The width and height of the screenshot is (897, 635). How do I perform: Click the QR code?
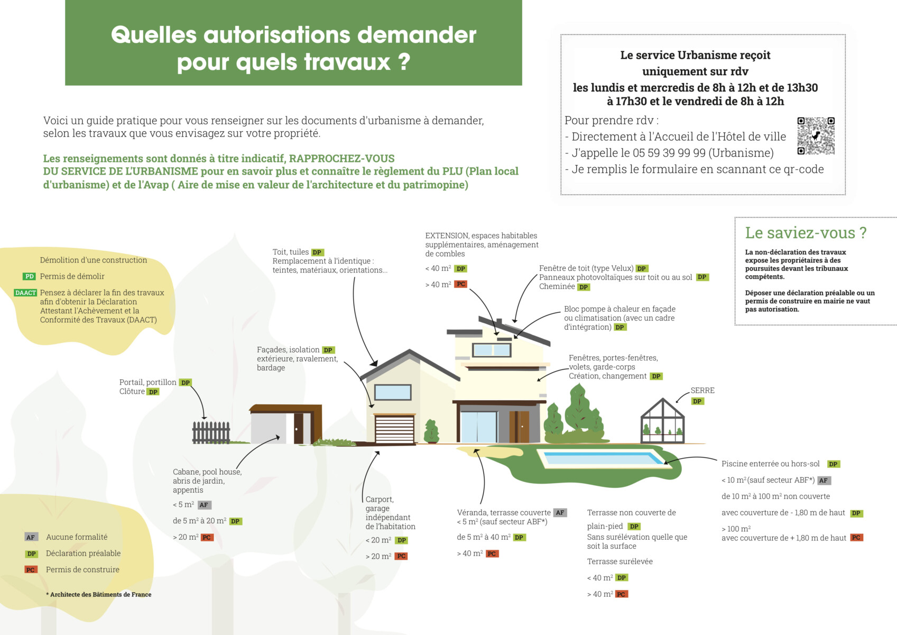point(816,136)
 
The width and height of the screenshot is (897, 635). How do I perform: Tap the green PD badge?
point(29,276)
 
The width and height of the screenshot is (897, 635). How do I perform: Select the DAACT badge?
point(26,293)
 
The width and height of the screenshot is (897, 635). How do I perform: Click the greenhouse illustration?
point(663,422)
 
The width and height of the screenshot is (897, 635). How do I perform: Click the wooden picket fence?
point(211,432)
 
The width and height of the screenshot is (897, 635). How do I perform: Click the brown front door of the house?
point(522,427)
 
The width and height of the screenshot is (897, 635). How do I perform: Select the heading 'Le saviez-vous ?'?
point(806,233)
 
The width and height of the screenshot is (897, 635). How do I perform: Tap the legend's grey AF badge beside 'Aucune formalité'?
point(31,537)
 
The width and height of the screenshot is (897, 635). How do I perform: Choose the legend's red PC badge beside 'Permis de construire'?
point(31,570)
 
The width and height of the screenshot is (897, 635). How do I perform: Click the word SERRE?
point(702,391)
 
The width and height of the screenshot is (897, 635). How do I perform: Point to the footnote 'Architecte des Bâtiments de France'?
point(100,594)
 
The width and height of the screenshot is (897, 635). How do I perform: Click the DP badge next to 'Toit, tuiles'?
point(317,252)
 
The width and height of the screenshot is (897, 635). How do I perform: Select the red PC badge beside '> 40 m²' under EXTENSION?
point(461,284)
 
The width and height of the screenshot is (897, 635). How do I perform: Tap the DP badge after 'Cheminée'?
point(584,287)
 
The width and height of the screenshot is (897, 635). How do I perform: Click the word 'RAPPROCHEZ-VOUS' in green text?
point(341,158)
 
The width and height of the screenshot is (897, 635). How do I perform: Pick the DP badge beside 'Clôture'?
point(153,392)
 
